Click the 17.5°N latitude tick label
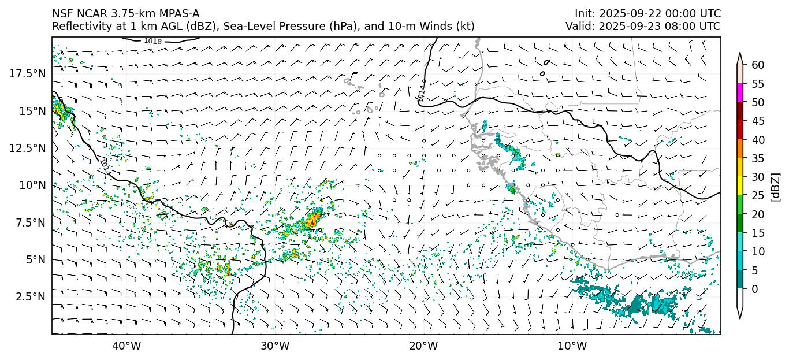28,73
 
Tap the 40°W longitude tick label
126,346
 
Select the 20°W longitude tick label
423,346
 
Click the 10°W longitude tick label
572,346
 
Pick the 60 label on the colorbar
758,65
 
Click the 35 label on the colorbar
758,158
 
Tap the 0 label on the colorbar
755,289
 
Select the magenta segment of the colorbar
740,93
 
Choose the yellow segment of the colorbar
740,186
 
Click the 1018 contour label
153,41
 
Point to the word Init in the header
583,14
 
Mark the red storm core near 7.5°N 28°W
313,220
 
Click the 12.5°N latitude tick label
28,148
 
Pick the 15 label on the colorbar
758,233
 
